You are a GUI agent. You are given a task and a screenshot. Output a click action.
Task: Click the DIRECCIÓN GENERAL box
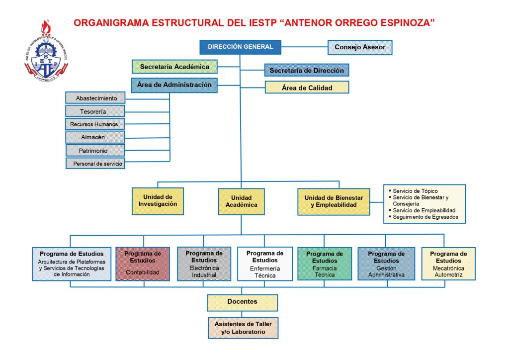click(240, 47)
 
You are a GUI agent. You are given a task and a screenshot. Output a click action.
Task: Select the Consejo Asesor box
click(360, 48)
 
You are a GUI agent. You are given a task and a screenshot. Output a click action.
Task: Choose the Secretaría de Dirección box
click(306, 71)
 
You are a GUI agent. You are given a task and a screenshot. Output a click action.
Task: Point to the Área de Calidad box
click(306, 88)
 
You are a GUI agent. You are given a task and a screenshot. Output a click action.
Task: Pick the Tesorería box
click(95, 111)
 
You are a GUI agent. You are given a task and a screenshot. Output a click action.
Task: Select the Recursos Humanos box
click(95, 123)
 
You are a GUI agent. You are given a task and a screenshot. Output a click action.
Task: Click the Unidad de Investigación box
click(158, 200)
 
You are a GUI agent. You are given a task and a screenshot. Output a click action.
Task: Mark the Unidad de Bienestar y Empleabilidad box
click(334, 201)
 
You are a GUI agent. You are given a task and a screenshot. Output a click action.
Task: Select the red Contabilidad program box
click(143, 263)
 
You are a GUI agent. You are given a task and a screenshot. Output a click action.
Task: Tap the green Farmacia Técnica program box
click(324, 264)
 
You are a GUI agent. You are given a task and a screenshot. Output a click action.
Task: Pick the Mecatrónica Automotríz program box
click(448, 264)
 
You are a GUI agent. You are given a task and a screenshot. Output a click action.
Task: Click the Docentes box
click(242, 302)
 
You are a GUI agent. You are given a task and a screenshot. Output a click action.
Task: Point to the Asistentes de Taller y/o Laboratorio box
click(243, 328)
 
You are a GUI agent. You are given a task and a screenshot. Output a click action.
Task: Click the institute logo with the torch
click(46, 52)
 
